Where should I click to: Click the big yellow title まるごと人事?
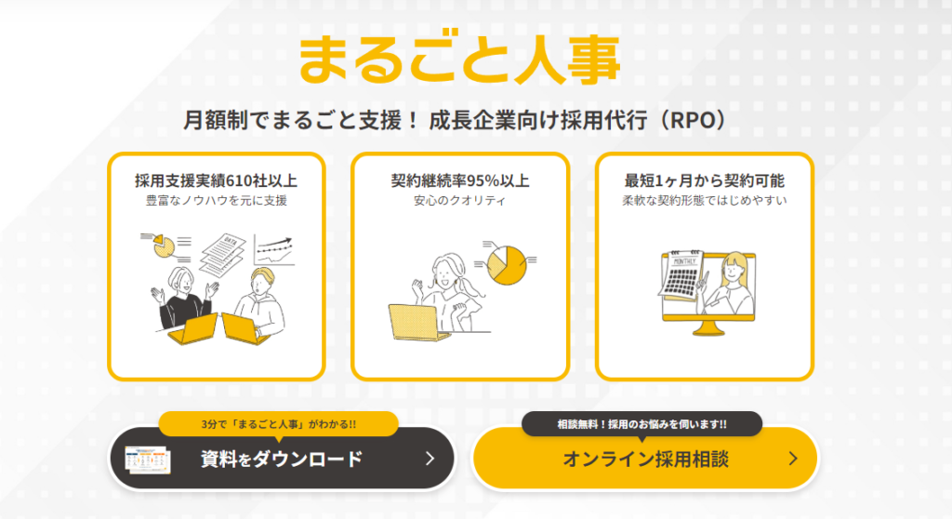click(459, 59)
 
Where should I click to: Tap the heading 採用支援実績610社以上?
click(216, 180)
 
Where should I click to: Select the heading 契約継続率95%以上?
click(460, 180)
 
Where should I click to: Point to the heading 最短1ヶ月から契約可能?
click(705, 180)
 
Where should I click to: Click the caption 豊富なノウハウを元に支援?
click(216, 201)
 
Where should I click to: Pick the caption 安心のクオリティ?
click(459, 201)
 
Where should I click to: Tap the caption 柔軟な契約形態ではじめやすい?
click(705, 201)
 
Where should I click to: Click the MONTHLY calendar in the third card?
click(682, 274)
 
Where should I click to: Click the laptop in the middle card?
click(416, 322)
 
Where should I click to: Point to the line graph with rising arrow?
click(274, 250)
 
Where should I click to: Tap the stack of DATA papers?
click(223, 254)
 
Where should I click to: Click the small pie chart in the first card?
click(164, 246)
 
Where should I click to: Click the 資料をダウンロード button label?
click(282, 459)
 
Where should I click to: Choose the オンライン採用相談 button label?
click(645, 459)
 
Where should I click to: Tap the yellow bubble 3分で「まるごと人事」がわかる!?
click(279, 424)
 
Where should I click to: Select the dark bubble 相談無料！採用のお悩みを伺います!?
click(641, 424)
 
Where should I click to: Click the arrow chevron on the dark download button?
click(430, 459)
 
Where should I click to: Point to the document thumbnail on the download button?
click(148, 459)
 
